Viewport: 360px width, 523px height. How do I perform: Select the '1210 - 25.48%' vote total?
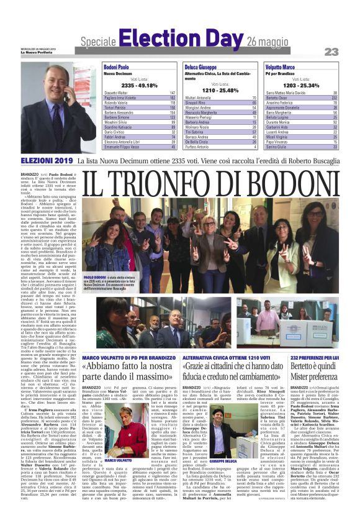point(220,90)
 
